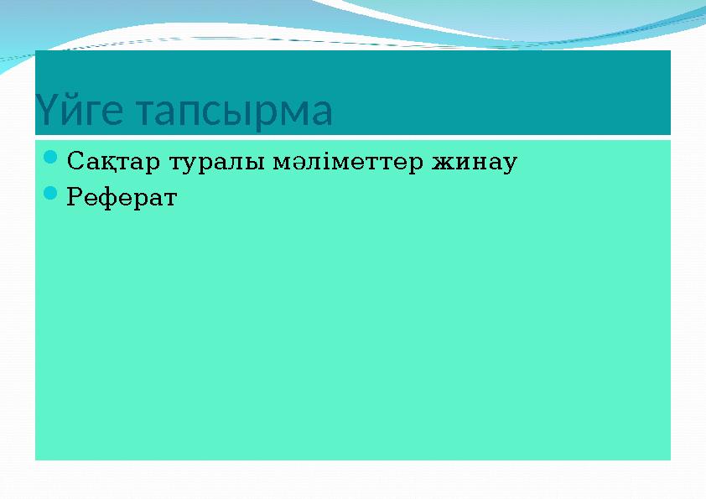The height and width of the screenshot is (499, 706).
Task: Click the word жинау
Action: click(x=474, y=159)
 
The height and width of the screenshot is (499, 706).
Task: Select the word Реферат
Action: click(x=122, y=198)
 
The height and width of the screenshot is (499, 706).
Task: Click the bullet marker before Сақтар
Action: click(x=49, y=158)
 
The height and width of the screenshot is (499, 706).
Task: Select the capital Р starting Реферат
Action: click(x=74, y=198)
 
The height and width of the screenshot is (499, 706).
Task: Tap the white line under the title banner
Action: click(x=352, y=137)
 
